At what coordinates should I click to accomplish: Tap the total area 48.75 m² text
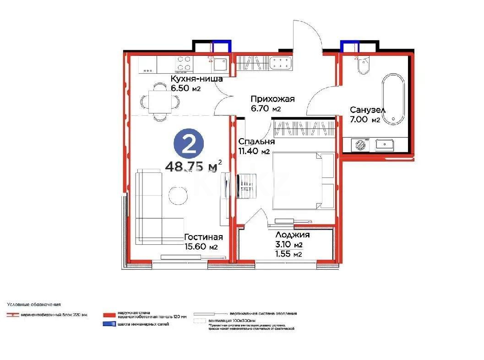tap(194, 167)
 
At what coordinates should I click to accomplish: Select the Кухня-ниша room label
tap(196, 79)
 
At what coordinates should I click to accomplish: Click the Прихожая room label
tap(272, 99)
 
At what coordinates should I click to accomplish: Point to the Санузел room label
tap(367, 110)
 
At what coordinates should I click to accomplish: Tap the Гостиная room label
tap(203, 237)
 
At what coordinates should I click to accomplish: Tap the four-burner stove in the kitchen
tap(185, 64)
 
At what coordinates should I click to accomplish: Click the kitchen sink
tap(220, 64)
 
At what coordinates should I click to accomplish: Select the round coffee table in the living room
tap(178, 196)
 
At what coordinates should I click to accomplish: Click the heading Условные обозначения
tap(33, 304)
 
